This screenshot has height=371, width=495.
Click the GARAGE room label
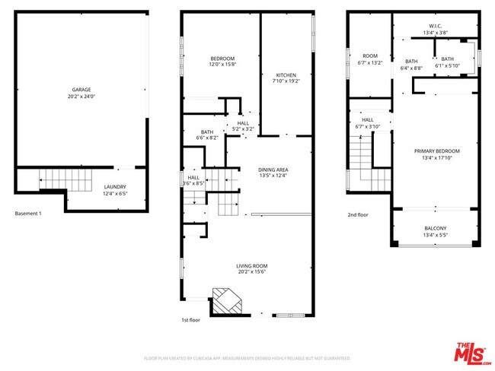pyautogui.click(x=82, y=89)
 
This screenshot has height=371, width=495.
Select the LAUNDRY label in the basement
pyautogui.click(x=116, y=186)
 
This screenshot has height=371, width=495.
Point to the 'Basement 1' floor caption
pyautogui.click(x=28, y=214)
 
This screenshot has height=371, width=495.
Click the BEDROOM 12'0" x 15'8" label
pyautogui.click(x=222, y=59)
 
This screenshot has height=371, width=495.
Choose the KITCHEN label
pyautogui.click(x=286, y=75)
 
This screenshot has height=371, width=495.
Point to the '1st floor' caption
pyautogui.click(x=191, y=321)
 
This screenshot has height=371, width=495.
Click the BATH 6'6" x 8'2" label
pyautogui.click(x=207, y=132)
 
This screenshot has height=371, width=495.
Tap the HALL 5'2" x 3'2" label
pyautogui.click(x=243, y=123)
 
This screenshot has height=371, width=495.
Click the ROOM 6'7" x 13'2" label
pyautogui.click(x=370, y=55)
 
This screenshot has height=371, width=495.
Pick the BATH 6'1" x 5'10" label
pyautogui.click(x=447, y=59)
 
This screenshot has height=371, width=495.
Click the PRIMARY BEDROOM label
pyautogui.click(x=436, y=151)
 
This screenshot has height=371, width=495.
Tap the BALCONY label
pyautogui.click(x=436, y=228)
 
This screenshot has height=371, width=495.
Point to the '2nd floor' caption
pyautogui.click(x=357, y=215)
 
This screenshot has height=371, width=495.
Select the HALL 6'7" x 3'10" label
pyautogui.click(x=367, y=119)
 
